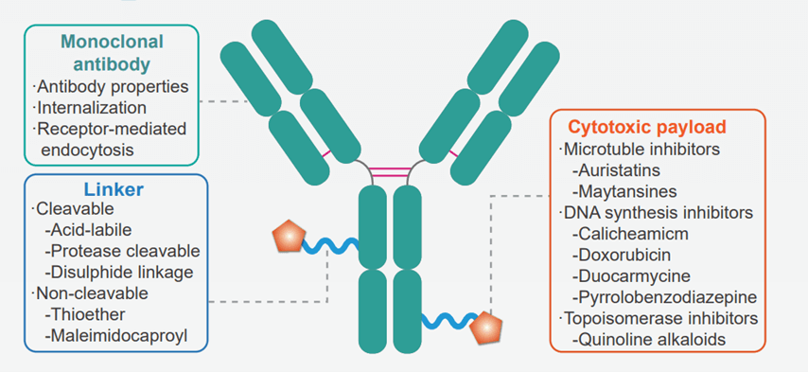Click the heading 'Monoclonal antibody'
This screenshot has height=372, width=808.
pyautogui.click(x=112, y=52)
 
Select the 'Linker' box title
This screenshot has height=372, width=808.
pyautogui.click(x=113, y=190)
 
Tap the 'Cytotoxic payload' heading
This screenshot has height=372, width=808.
pyautogui.click(x=646, y=127)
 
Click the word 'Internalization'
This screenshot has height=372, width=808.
pyautogui.click(x=91, y=107)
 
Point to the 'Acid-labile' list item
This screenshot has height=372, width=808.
pyautogui.click(x=90, y=229)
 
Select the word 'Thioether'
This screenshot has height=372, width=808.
pyautogui.click(x=83, y=314)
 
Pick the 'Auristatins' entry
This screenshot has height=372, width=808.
pyautogui.click(x=624, y=170)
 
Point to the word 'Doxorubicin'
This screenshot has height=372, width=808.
pyautogui.click(x=627, y=254)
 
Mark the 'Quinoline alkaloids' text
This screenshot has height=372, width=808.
pyautogui.click(x=649, y=339)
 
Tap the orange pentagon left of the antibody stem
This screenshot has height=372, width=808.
pyautogui.click(x=287, y=238)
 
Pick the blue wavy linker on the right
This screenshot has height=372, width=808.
pyautogui.click(x=445, y=321)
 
